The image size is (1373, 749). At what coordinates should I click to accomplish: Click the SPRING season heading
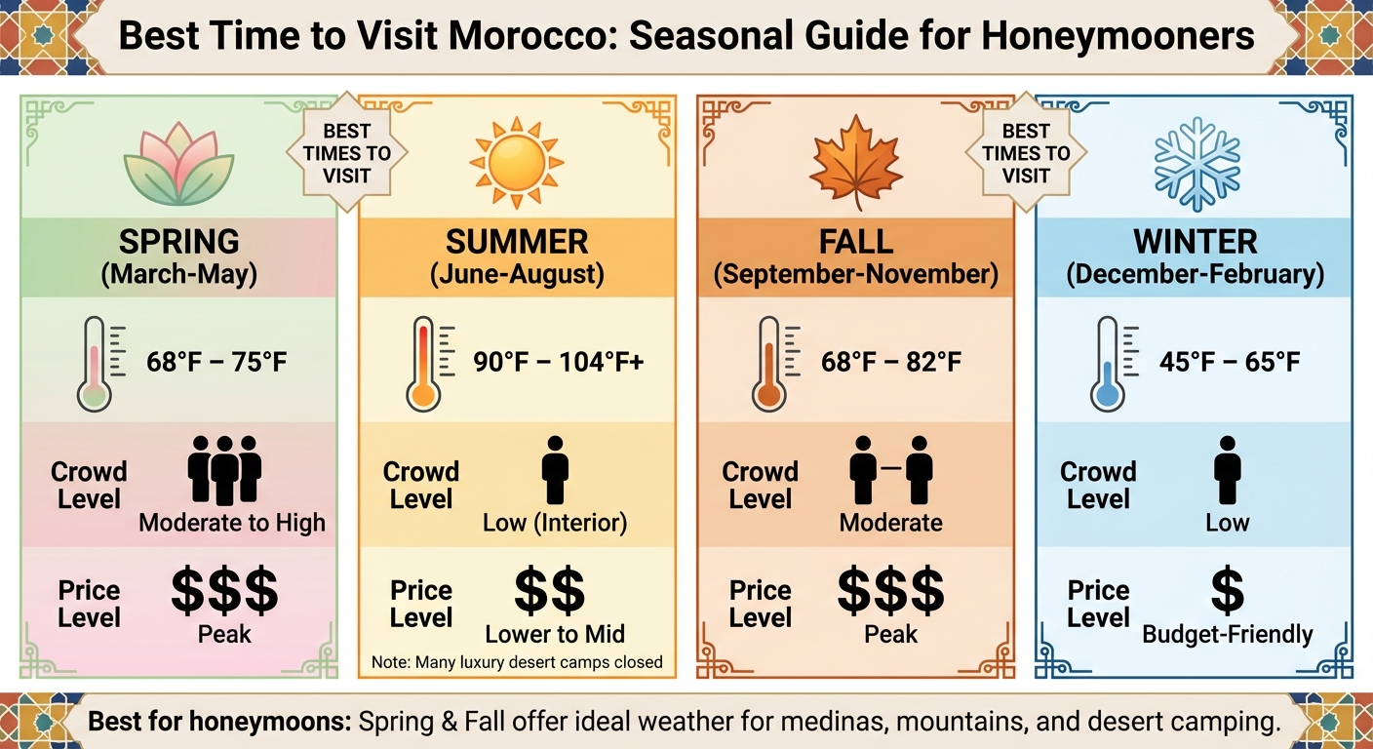(x=178, y=240)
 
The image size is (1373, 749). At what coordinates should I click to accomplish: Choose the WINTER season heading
(x=1196, y=241)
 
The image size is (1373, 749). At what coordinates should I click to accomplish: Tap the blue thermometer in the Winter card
(x=1107, y=362)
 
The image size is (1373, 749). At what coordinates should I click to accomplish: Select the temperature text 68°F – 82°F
(x=891, y=363)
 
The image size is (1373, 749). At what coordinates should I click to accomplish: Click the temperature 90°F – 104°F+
(x=559, y=363)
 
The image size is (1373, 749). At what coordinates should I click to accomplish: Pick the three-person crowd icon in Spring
(x=224, y=468)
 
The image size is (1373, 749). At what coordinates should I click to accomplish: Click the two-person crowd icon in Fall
(x=891, y=468)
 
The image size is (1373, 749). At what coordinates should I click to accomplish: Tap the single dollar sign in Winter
(x=1227, y=590)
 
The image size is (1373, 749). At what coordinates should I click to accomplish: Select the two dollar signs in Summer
(x=549, y=590)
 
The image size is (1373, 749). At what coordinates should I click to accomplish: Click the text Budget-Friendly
(x=1227, y=635)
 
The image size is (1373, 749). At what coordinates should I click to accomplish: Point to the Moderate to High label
(x=232, y=523)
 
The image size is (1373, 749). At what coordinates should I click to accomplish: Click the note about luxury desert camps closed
(x=517, y=662)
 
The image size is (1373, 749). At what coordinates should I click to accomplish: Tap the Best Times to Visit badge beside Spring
(x=346, y=153)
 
